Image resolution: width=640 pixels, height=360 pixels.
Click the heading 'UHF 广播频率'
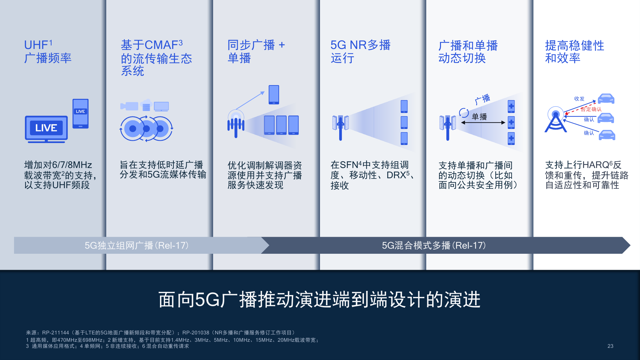pos(48,52)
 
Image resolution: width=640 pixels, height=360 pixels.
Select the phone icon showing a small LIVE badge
pos(80,114)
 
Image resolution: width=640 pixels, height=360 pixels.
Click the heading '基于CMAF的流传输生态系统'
pos(156,58)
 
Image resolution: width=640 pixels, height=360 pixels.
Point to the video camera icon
pos(129,106)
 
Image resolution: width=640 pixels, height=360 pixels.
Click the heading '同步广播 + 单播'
pos(256,52)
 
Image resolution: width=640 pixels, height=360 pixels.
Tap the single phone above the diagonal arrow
pos(274,94)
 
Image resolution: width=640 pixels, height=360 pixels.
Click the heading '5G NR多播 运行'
pos(360,52)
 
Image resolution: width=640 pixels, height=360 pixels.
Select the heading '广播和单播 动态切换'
pos(468,52)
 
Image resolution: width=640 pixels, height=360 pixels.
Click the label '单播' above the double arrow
pos(479,117)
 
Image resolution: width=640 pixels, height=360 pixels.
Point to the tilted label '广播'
pos(483,99)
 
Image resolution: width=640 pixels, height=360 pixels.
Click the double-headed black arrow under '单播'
pos(483,123)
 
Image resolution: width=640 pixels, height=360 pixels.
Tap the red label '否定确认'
pos(591,109)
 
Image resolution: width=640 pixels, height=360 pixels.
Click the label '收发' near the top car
pos(579,99)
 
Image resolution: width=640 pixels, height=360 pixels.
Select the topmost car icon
pos(606,99)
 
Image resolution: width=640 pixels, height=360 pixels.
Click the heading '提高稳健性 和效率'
pos(574,52)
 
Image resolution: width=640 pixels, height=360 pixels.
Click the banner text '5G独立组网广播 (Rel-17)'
pos(137,245)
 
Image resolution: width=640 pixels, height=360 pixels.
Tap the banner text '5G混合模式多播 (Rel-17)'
pos(434,245)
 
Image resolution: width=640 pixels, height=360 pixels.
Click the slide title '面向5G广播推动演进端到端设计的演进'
pos(319,300)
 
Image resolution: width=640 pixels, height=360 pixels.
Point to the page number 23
pos(610,346)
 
